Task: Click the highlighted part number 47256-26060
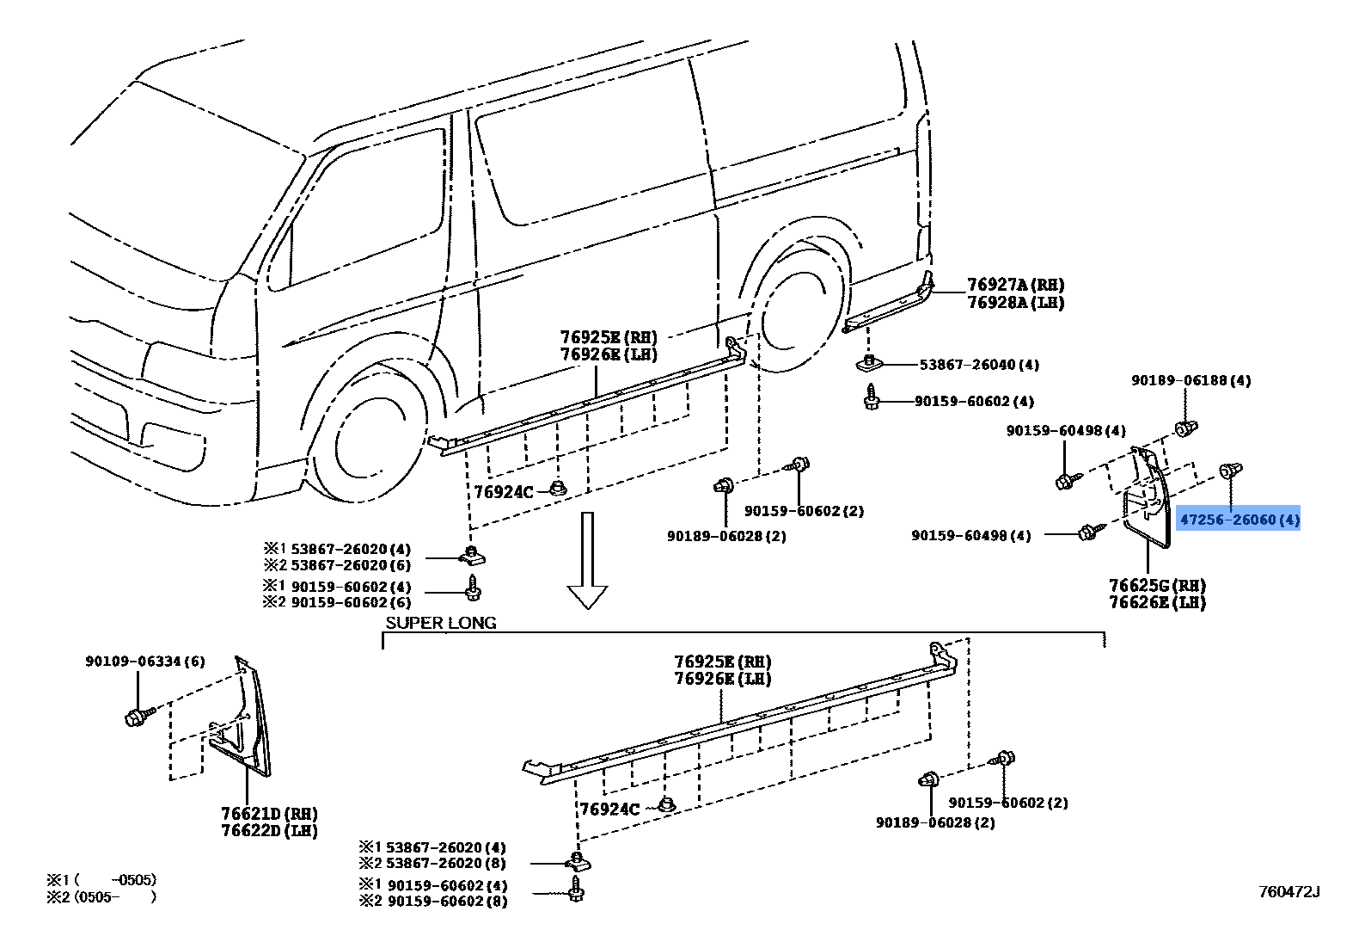point(1239,520)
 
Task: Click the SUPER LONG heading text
point(440,623)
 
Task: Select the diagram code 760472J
point(1288,892)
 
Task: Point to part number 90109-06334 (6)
point(144,662)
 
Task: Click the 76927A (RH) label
point(1015,285)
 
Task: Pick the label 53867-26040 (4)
point(979,365)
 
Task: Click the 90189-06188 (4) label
point(1191,380)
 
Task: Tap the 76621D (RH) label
point(269,814)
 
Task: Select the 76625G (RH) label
point(1157,586)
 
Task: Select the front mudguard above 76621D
point(244,723)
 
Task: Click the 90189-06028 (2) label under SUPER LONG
point(935,822)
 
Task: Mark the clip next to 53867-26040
point(869,363)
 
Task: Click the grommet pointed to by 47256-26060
point(1230,471)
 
